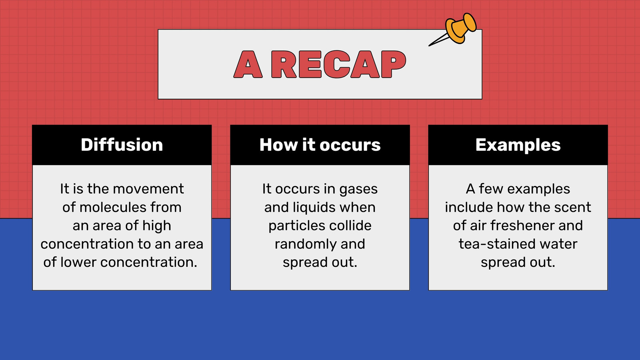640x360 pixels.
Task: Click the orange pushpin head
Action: tap(460, 28)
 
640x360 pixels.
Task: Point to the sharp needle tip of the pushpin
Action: tap(429, 46)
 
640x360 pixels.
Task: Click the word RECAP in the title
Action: tap(338, 64)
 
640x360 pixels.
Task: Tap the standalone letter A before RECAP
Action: tap(248, 64)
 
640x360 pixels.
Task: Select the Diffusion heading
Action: tap(122, 144)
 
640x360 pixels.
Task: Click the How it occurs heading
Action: tap(320, 144)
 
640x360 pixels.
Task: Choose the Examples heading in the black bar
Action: tap(518, 145)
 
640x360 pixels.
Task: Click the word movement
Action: tap(148, 189)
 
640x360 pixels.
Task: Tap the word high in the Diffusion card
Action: tap(156, 226)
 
